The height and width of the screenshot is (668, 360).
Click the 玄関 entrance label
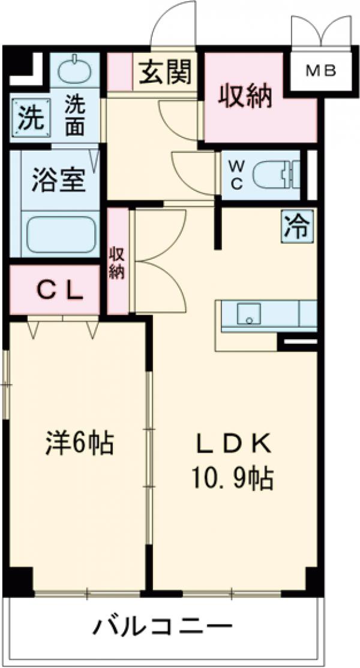[165, 73]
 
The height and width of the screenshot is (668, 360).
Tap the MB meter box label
[321, 71]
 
